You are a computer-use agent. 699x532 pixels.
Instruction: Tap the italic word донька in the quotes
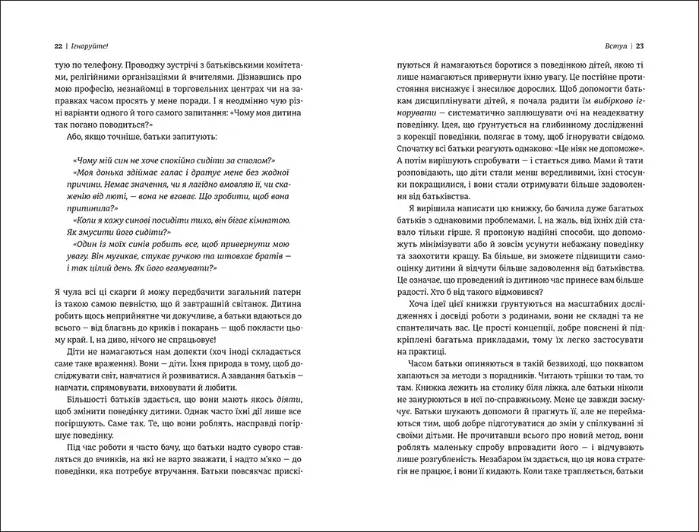[x=107, y=176]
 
